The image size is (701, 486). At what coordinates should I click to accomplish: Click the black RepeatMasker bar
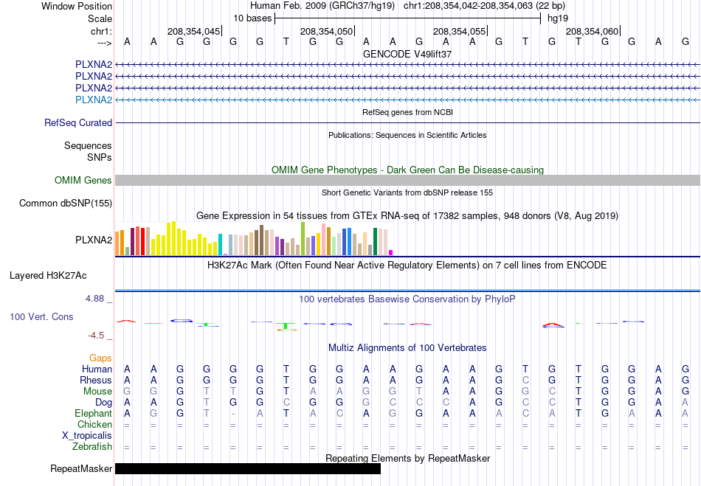248,468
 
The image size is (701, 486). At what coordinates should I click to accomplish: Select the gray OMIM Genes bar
407,180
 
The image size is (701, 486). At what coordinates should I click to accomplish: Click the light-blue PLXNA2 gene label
94,100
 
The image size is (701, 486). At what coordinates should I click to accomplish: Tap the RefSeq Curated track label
77,123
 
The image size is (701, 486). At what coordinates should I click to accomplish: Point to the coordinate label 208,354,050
326,31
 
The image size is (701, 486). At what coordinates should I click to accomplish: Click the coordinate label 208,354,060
592,31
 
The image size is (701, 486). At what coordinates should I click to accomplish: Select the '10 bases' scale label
252,18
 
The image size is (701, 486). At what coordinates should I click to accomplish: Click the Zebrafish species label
92,446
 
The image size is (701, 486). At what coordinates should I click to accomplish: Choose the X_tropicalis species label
87,436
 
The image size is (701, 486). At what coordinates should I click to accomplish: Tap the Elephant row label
93,413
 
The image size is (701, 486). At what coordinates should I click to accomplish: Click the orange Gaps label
100,358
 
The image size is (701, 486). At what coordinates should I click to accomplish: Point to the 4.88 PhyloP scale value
94,299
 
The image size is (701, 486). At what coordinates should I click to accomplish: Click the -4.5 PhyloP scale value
96,335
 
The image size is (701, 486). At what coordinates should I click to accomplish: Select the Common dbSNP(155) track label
65,204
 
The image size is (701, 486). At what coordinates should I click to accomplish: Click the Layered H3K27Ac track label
48,276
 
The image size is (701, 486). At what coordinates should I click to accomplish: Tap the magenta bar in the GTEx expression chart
391,252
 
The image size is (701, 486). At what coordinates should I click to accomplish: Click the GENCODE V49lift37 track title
407,54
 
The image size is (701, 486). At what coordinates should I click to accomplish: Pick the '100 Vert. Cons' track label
41,316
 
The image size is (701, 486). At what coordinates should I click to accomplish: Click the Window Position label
77,6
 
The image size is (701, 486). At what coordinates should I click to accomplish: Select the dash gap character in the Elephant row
233,414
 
